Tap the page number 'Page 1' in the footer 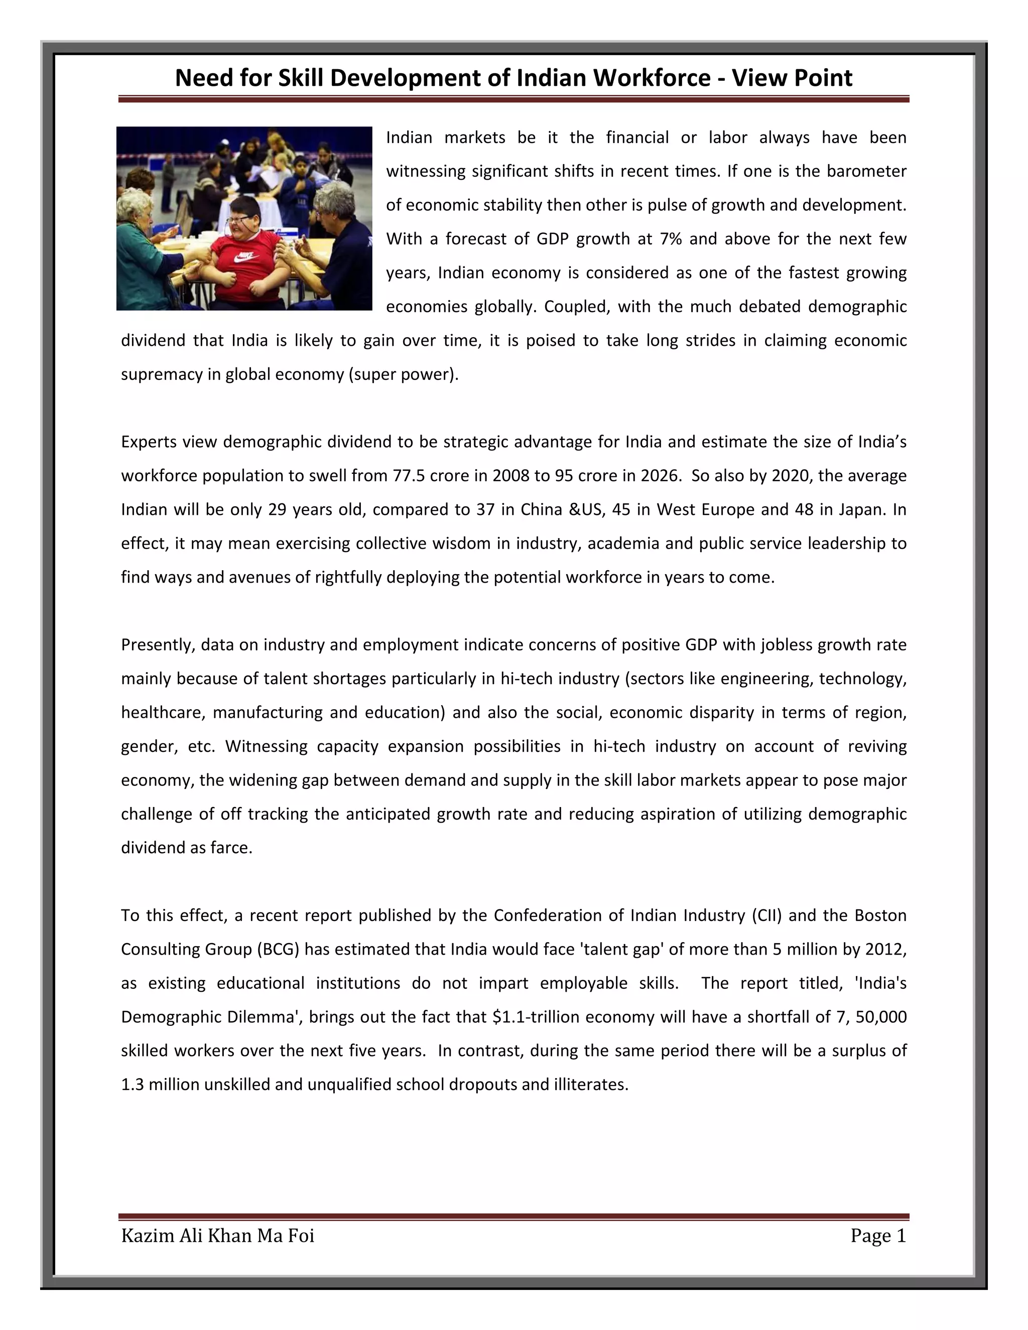[x=878, y=1236]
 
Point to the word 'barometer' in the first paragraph [x=866, y=171]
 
